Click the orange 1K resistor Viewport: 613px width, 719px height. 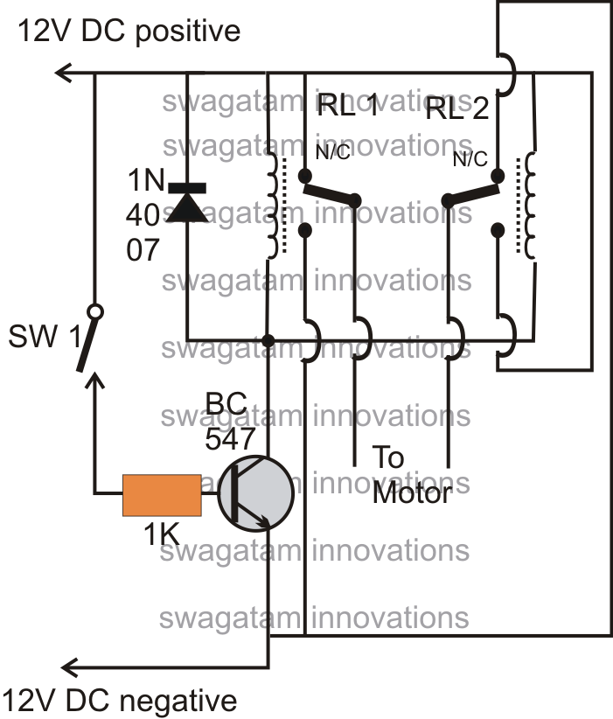161,494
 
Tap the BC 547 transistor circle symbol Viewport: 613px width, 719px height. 255,493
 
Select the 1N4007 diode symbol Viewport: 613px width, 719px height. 186,202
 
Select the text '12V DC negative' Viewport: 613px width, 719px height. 119,701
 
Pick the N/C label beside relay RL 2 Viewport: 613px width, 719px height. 470,159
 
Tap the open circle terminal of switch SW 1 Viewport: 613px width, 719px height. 95,311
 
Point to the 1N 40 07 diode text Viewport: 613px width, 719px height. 144,218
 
